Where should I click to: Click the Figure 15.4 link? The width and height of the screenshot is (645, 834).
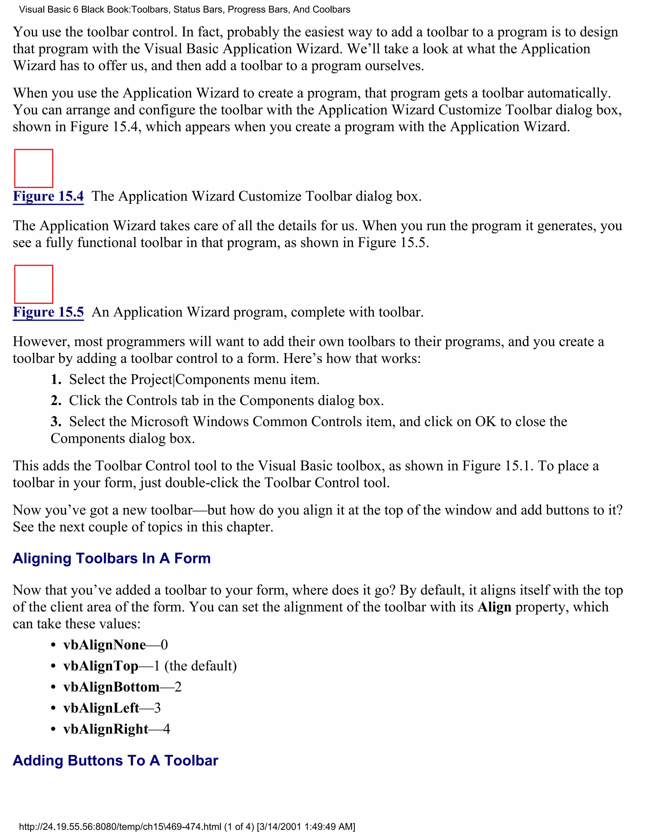[48, 196]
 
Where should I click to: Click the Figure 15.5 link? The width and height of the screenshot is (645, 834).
[48, 312]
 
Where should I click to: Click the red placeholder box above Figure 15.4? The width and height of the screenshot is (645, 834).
[34, 168]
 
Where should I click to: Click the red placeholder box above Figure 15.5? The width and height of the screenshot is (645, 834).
[34, 284]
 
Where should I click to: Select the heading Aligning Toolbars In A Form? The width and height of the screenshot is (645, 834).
[111, 558]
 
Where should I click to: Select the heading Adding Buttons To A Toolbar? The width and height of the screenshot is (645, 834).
[115, 760]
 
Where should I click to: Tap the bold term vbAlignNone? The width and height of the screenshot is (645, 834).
[104, 645]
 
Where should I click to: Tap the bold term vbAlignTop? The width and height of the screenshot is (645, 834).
[100, 666]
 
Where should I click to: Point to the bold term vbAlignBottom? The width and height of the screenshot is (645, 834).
[111, 687]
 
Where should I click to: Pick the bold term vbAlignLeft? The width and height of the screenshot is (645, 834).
[101, 708]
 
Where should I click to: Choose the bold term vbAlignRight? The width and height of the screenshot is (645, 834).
[106, 729]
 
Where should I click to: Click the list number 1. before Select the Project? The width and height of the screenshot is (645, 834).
[56, 380]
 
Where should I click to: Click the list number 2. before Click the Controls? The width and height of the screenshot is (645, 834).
[56, 401]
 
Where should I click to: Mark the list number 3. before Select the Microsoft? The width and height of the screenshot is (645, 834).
[56, 422]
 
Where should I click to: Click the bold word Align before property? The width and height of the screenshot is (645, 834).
[494, 607]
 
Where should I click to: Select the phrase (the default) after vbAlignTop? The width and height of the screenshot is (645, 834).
[200, 666]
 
